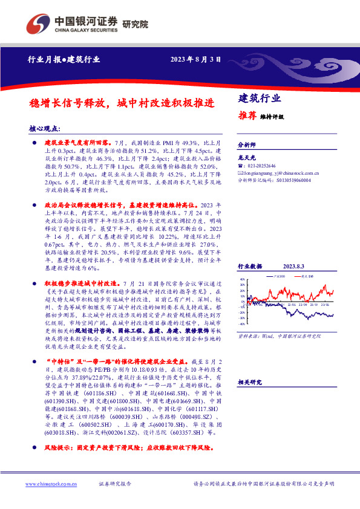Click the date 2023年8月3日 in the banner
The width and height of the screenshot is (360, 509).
coord(195,60)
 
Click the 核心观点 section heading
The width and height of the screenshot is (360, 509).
coord(47,128)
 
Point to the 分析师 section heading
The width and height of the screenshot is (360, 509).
coord(247,145)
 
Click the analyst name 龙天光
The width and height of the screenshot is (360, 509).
coord(246,157)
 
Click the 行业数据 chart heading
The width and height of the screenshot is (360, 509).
coord(249,266)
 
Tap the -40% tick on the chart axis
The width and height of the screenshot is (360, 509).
coord(241,324)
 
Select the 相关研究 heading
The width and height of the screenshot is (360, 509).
coord(249,382)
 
